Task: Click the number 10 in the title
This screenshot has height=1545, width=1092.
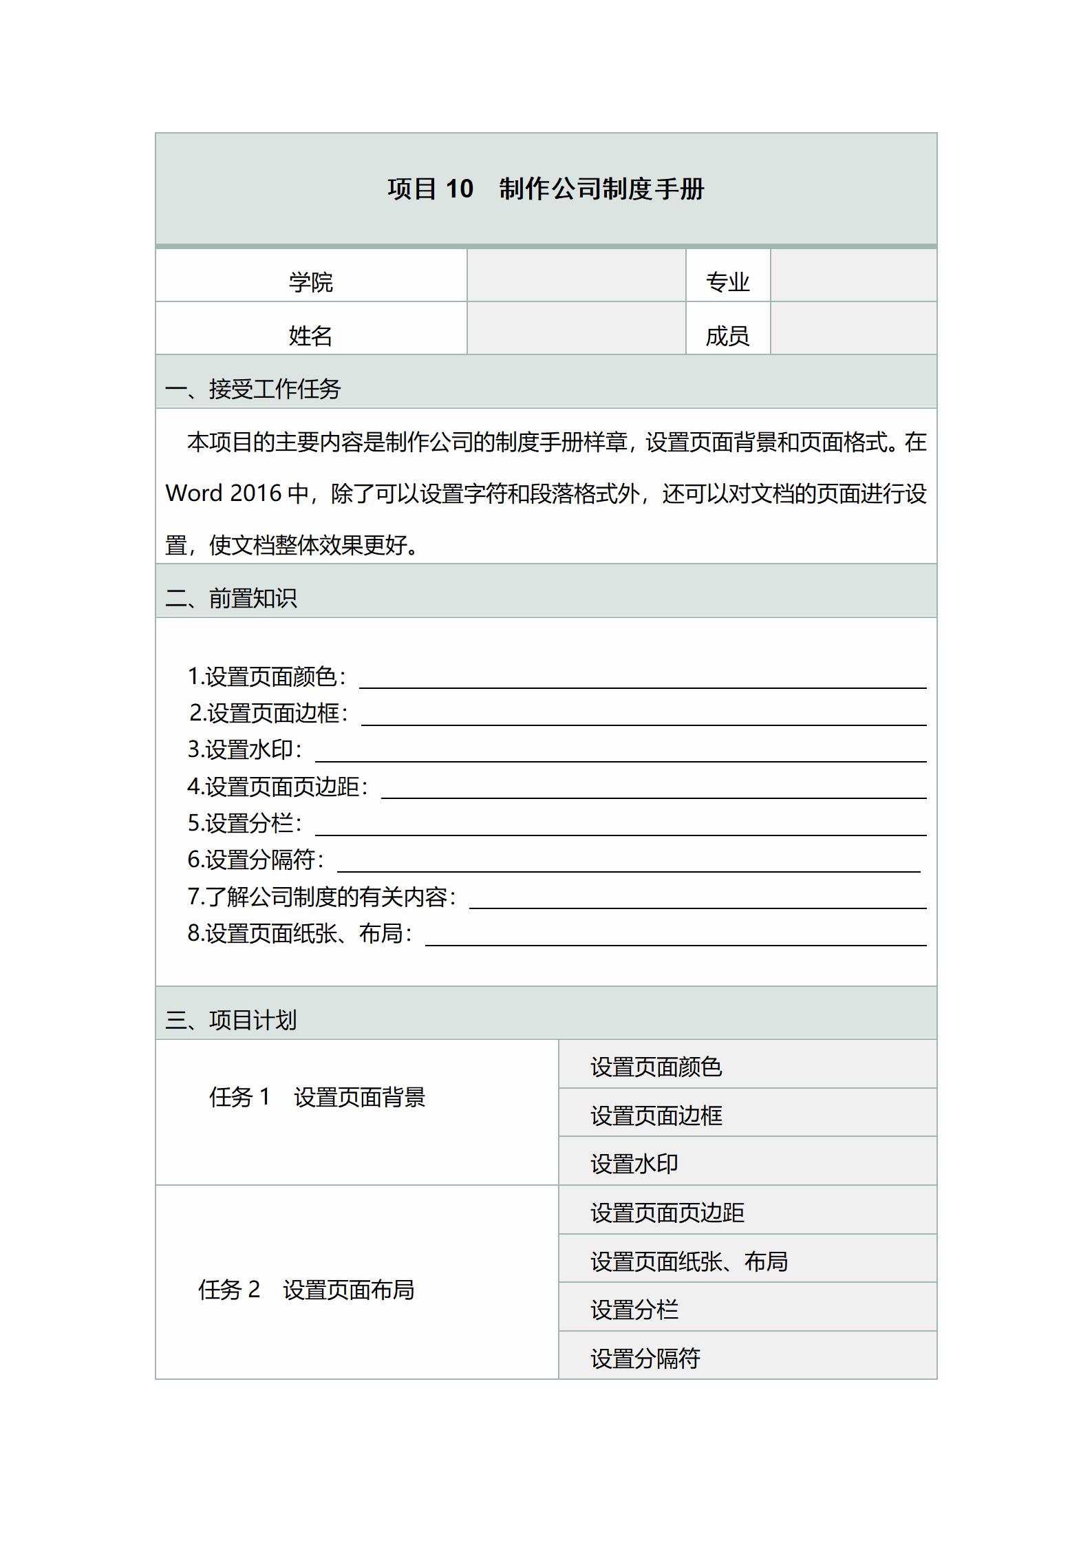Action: pos(459,189)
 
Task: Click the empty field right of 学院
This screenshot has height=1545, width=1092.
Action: pos(576,276)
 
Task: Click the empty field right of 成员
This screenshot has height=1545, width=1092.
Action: pos(853,329)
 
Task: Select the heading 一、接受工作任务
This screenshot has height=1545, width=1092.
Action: pos(253,389)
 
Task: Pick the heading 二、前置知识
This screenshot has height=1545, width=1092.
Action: pos(231,598)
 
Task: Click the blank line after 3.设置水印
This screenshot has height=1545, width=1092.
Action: pos(619,754)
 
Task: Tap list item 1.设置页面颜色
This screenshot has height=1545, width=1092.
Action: pos(266,676)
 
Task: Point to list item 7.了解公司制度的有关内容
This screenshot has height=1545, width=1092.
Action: pos(321,897)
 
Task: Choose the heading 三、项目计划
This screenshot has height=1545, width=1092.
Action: pos(231,1020)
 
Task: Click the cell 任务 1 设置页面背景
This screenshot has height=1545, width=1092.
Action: pos(317,1097)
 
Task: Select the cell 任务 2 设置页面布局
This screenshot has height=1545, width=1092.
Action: pos(306,1290)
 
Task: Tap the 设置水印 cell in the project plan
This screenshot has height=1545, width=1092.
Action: pos(634,1164)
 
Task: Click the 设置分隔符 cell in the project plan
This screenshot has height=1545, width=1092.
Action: pos(645,1358)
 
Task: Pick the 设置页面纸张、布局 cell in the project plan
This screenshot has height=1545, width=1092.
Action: pos(689,1261)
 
